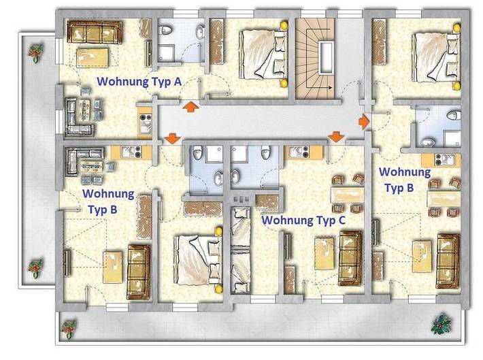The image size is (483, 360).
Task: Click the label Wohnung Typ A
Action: point(139,81)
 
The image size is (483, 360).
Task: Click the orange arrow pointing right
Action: point(364,121)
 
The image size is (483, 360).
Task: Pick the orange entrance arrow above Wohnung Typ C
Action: point(335,138)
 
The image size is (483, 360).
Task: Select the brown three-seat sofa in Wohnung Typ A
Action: point(95,31)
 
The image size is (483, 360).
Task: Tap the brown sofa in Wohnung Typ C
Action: point(350,257)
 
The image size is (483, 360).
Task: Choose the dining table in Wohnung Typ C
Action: point(346,194)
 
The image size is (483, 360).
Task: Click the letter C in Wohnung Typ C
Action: point(341,220)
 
